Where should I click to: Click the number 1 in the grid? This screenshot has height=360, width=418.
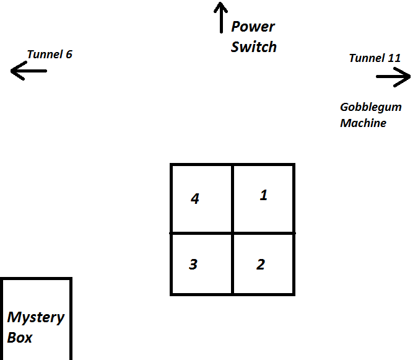[263, 195]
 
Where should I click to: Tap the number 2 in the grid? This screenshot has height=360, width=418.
[261, 265]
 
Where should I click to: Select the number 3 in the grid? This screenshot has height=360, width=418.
[193, 265]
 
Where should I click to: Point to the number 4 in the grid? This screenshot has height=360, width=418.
[195, 199]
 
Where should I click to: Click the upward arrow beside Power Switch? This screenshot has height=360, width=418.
[220, 17]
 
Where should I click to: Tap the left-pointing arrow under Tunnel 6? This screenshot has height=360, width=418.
[28, 71]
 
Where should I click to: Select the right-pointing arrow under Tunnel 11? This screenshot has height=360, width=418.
[393, 77]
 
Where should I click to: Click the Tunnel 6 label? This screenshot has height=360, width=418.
[50, 55]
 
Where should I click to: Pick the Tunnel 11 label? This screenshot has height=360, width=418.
[375, 58]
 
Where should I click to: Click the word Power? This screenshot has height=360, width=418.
[253, 27]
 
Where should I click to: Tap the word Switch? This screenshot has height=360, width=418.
[254, 46]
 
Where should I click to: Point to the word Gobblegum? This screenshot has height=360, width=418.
[370, 107]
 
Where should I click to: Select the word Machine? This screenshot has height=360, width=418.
[363, 123]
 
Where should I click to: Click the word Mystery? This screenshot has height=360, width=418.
[36, 318]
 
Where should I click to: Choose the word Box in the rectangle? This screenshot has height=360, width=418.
[20, 338]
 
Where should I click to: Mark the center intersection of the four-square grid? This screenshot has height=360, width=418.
[232, 233]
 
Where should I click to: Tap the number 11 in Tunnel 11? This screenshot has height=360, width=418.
[394, 58]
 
